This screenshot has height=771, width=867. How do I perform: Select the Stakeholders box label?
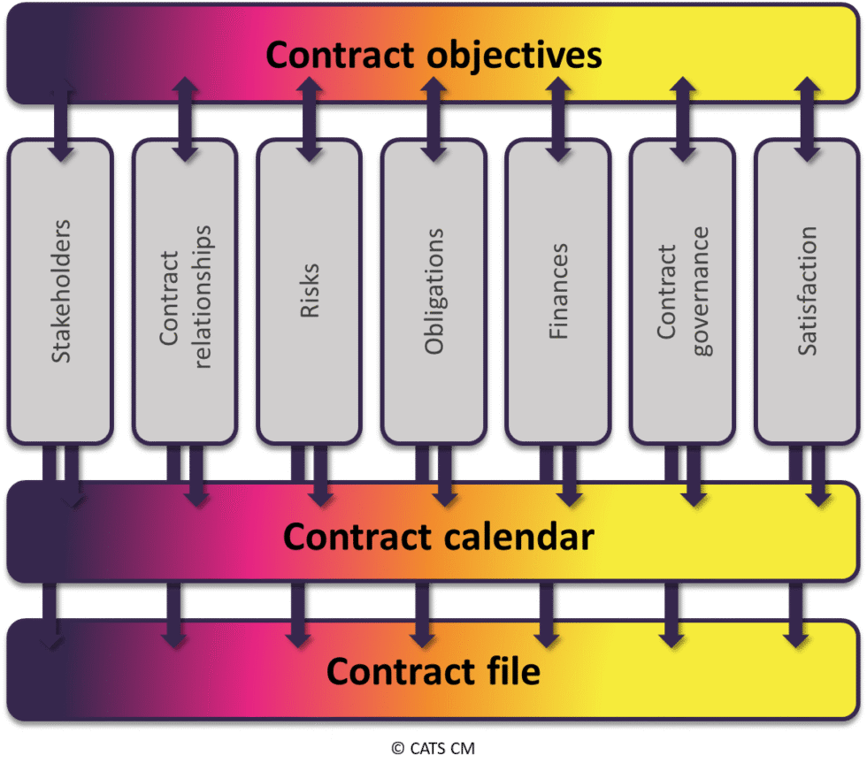point(60,289)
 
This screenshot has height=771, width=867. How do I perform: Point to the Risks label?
point(310,289)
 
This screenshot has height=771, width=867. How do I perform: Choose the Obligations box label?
point(433,292)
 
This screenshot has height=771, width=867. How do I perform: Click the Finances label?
point(558,292)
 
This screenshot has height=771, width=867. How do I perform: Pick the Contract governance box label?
point(682,292)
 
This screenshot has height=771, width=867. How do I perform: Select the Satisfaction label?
point(807,292)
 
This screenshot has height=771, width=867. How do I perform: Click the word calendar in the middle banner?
point(513,537)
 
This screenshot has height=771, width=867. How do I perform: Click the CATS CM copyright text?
point(433,748)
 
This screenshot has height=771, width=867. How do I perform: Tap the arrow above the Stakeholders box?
point(60,119)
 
